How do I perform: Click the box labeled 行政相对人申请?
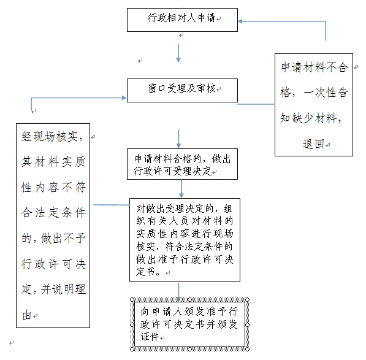182,20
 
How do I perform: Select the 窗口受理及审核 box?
182,90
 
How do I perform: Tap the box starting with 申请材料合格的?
182,164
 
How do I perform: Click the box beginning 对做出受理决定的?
185,240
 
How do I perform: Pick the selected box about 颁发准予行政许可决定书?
189,324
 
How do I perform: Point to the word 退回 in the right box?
313,144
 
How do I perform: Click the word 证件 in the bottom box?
150,337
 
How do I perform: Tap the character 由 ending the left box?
26,315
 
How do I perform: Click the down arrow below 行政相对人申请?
178,53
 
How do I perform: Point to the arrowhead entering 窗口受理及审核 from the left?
124,98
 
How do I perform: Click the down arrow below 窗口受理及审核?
178,139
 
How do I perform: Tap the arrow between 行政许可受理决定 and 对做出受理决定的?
181,189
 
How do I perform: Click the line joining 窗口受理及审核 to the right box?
256,104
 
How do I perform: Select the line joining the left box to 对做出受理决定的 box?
112,205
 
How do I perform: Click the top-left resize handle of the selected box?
132,299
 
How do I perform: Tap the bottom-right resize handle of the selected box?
248,349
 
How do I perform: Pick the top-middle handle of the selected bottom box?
190,299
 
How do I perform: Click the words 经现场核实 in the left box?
49,136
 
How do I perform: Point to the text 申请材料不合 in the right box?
315,67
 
